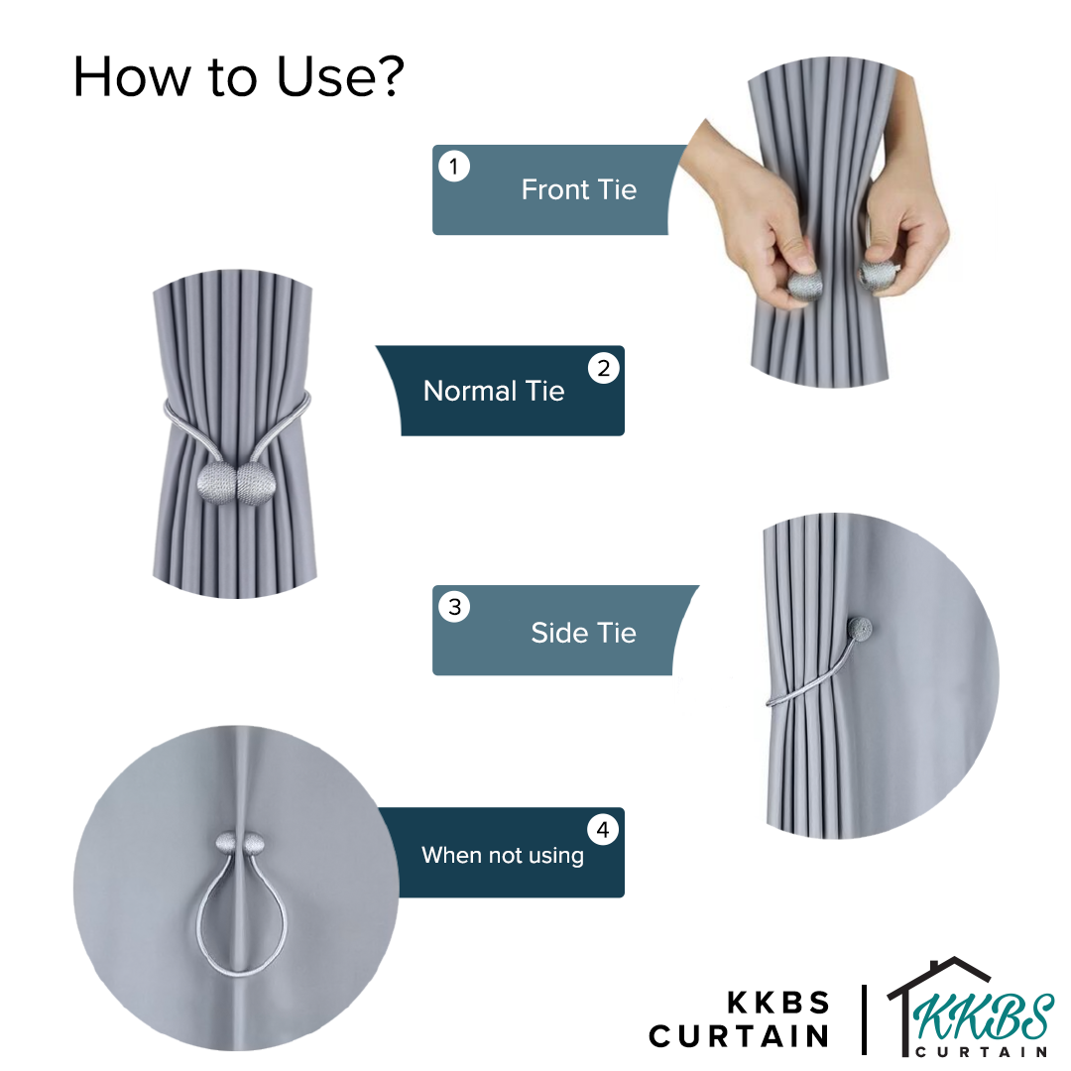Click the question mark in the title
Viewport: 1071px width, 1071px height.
[x=390, y=75]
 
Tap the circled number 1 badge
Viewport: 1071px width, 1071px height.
[x=453, y=166]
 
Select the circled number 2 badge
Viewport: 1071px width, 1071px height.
[x=604, y=368]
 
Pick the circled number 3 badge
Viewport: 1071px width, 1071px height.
[x=455, y=607]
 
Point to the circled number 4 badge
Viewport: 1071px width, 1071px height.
[x=603, y=830]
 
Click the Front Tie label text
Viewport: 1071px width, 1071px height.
[x=578, y=189]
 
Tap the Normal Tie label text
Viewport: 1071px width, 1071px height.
[x=494, y=391]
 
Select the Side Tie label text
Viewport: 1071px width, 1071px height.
[x=583, y=633]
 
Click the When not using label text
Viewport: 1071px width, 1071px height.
[x=503, y=855]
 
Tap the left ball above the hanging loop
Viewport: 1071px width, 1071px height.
[x=226, y=842]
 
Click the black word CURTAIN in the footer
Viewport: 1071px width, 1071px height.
[x=739, y=1035]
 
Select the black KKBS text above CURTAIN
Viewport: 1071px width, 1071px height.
[x=778, y=1002]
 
